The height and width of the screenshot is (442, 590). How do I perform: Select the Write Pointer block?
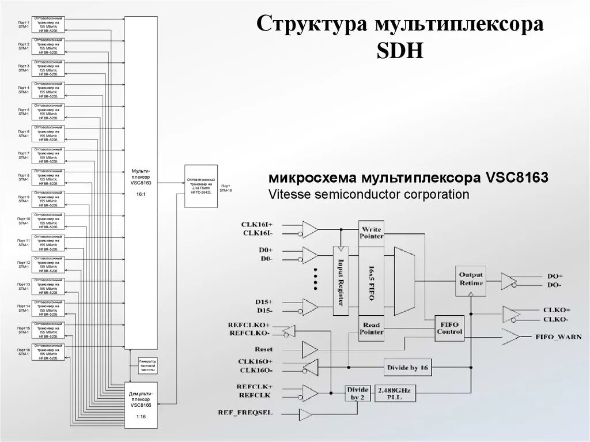371,232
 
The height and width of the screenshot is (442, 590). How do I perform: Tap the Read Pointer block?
371,328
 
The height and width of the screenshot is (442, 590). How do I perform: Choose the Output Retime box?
471,279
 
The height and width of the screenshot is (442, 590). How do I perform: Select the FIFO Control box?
449,327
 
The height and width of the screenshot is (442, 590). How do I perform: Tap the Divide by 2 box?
357,394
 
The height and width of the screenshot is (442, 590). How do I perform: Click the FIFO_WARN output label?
558,337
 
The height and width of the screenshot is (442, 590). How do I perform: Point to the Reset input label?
263,350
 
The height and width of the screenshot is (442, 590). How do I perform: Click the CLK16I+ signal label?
258,224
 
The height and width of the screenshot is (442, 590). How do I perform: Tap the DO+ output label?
555,276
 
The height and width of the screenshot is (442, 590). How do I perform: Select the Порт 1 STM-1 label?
23,24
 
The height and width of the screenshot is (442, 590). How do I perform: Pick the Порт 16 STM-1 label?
23,352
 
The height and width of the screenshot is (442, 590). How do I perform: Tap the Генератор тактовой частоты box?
148,367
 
